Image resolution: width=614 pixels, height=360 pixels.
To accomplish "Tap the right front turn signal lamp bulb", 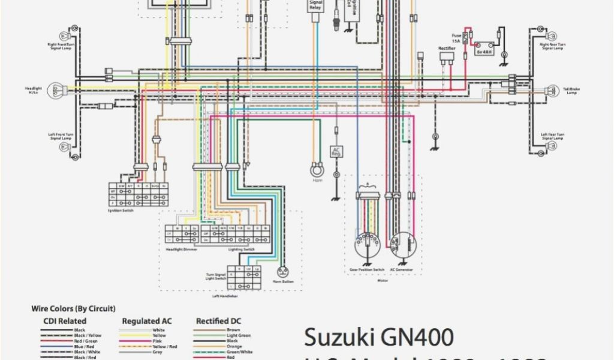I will tap(75, 30).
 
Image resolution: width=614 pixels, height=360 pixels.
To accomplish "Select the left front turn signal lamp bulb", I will tap(75, 155).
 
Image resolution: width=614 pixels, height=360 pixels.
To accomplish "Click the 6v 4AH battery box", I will tap(484, 52).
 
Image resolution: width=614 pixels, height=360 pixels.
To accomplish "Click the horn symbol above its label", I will tap(317, 170).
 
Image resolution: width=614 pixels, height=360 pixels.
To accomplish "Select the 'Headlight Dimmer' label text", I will tap(182, 249).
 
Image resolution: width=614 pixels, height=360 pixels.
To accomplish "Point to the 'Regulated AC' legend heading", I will tap(147, 322).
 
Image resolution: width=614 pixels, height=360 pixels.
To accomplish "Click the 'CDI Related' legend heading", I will tap(65, 322).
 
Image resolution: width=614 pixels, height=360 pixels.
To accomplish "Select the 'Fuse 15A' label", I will tap(457, 38).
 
